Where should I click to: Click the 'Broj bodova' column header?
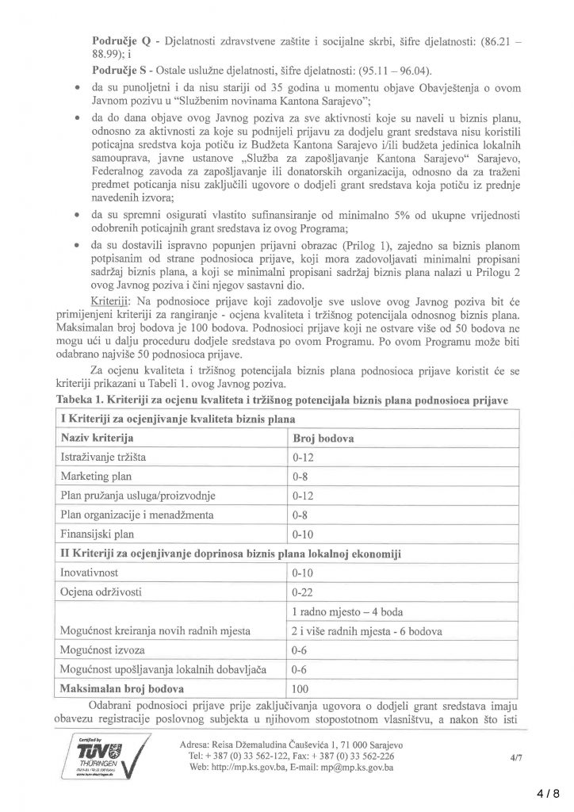pos(323,438)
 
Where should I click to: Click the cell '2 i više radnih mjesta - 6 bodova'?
pos(365,630)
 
